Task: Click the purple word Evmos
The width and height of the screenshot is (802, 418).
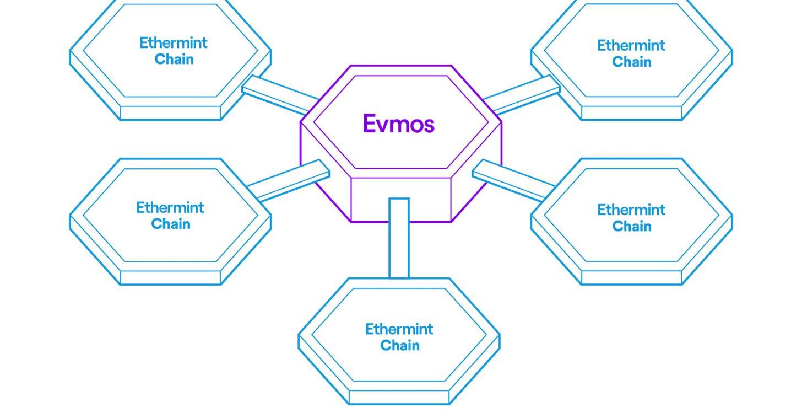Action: coord(398,124)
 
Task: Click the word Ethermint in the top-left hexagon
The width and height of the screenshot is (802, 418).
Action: coord(173,43)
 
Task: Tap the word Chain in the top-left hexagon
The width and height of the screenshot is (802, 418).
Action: coord(174,60)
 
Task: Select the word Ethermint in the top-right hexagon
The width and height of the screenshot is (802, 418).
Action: coord(631,45)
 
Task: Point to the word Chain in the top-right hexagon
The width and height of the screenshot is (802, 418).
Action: coord(631,62)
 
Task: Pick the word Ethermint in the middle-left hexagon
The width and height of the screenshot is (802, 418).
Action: coord(170,208)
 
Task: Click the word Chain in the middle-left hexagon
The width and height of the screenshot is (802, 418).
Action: coord(170,224)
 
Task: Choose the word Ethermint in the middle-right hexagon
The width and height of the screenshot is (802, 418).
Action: coord(631,210)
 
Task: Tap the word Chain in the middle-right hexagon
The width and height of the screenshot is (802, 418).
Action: coord(631,226)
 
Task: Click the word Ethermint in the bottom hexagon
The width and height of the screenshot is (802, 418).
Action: coord(399,329)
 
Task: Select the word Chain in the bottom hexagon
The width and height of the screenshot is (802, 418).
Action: coord(399,346)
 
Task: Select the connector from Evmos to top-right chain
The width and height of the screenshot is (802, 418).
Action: coord(521,95)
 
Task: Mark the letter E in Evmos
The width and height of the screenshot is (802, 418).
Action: coord(369,124)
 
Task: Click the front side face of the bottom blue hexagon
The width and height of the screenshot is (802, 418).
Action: coord(399,397)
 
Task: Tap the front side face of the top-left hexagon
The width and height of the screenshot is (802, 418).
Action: coord(170,113)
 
